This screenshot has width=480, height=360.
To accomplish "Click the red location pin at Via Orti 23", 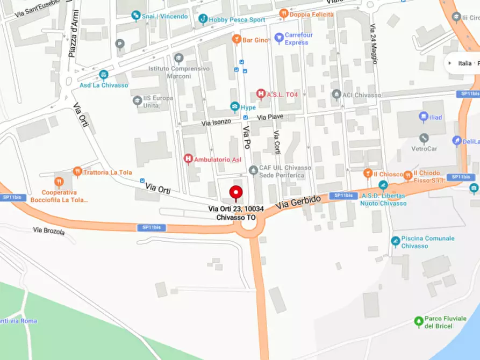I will [236, 192].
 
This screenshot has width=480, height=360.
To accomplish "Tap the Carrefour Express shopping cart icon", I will [278, 38].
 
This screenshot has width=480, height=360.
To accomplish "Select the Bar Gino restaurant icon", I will [236, 39].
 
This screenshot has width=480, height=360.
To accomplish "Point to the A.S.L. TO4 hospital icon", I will [261, 94].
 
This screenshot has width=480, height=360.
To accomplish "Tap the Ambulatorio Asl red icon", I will [188, 159].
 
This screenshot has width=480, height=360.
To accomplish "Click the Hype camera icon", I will [234, 107].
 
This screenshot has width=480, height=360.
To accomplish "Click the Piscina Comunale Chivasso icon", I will [396, 241].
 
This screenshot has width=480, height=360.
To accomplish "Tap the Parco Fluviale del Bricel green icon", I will [419, 321].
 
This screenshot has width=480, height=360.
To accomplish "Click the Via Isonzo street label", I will [216, 123].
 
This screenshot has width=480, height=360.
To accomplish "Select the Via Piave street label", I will [270, 117].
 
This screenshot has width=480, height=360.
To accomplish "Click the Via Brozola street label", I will [48, 231].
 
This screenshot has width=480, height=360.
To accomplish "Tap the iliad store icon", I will [424, 117].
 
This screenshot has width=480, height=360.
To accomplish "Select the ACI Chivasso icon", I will [336, 95].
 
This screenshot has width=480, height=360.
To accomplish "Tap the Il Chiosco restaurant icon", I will [368, 173].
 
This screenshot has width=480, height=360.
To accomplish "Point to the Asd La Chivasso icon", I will [103, 75].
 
